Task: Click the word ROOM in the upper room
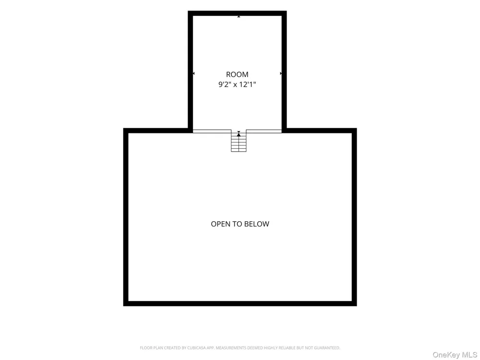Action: point(237,74)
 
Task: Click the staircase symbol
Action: point(239,141)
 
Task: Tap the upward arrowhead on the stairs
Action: point(239,134)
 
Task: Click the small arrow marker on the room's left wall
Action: point(193,73)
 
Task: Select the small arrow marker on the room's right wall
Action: point(281,73)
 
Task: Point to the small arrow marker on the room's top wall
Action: point(239,16)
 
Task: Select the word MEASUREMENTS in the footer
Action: point(231,348)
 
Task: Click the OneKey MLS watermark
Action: point(455,355)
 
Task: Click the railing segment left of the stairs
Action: point(212,132)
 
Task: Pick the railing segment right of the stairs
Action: point(264,132)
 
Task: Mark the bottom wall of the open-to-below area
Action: point(240,304)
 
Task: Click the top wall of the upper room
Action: point(237,13)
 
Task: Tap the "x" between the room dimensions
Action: point(235,85)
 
